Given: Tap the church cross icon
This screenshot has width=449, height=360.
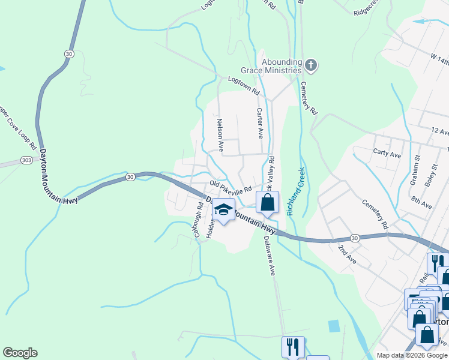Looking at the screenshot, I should (310, 64).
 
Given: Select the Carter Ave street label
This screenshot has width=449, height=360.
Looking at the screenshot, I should (261, 123).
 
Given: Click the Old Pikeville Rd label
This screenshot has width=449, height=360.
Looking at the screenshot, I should (230, 187).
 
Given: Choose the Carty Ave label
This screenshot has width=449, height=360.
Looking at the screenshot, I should (387, 155).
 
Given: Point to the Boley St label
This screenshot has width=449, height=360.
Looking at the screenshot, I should (429, 175).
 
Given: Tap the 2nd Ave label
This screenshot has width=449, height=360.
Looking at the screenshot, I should (346, 254).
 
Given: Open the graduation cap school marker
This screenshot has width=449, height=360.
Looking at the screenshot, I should (224, 211).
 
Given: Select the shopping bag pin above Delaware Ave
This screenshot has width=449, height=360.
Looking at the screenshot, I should (268, 202).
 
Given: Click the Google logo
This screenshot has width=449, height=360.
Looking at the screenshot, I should (20, 353).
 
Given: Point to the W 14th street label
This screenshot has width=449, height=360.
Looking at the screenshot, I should (439, 61).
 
